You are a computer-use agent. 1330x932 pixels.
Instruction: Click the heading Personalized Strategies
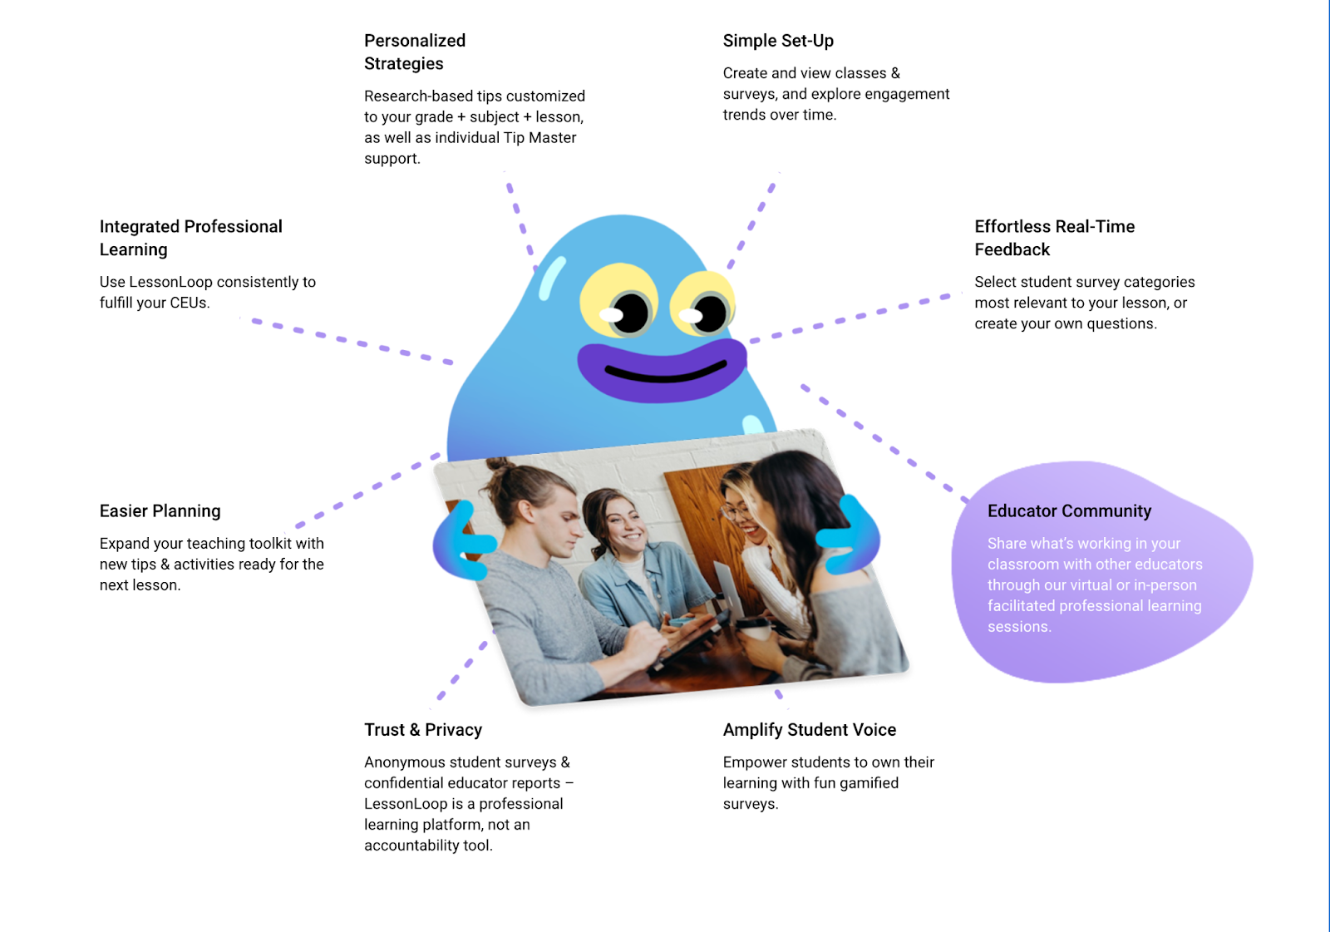point(414,52)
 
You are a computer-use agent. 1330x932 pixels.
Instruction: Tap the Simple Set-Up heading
point(777,41)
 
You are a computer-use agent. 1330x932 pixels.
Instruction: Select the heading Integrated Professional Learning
point(190,238)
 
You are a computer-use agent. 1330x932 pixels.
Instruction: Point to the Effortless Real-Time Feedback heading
point(1054,238)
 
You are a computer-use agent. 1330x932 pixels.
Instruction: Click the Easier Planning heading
point(160,510)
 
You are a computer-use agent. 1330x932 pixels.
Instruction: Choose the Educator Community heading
point(1069,510)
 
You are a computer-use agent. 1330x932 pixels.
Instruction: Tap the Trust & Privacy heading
point(422,729)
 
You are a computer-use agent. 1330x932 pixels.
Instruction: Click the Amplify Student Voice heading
point(809,729)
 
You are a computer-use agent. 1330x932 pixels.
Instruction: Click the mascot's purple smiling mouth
point(662,370)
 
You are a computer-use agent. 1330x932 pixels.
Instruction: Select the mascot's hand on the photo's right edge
point(850,534)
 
